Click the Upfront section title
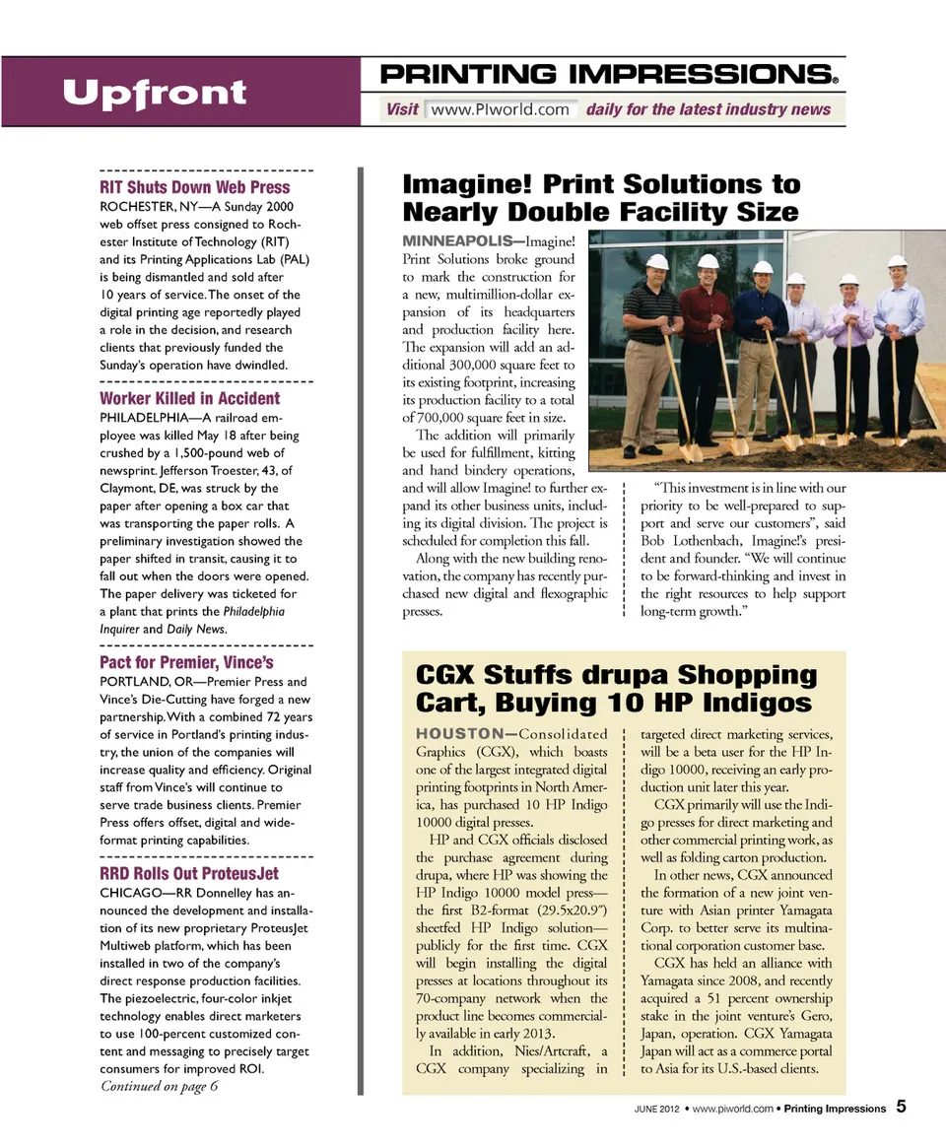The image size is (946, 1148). (x=155, y=93)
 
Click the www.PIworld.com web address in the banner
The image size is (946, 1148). (x=500, y=109)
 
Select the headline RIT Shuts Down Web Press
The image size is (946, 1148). (x=195, y=187)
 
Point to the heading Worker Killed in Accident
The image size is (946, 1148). (x=190, y=399)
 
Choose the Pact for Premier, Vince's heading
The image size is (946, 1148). (x=186, y=662)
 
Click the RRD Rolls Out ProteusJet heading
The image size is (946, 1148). (x=189, y=874)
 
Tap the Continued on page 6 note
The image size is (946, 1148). (x=160, y=1086)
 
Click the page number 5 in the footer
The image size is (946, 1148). (x=902, y=1107)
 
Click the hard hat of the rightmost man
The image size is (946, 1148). (x=897, y=261)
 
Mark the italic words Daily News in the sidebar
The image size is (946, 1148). (x=198, y=629)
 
